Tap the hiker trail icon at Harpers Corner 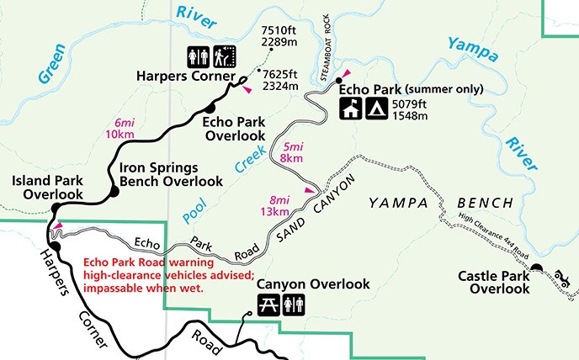coord(225,56)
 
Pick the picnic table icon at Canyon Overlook coord(268,304)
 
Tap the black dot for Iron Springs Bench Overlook coord(113,192)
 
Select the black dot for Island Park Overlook coord(55,207)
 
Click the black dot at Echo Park coord(338,81)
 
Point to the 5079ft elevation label coord(408,103)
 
